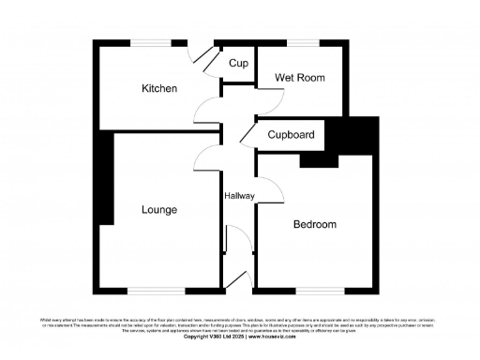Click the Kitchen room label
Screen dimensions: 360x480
pyautogui.click(x=159, y=89)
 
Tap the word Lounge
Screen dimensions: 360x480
pyautogui.click(x=159, y=210)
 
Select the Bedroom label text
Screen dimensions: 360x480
pyautogui.click(x=314, y=225)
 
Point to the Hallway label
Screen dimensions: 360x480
pyautogui.click(x=239, y=195)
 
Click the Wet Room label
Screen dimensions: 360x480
pyautogui.click(x=299, y=78)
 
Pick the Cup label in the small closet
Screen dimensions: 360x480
pyautogui.click(x=238, y=64)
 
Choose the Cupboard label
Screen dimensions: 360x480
pyautogui.click(x=291, y=135)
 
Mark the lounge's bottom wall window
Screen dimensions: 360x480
pyautogui.click(x=157, y=290)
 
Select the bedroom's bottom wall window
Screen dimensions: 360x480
pyautogui.click(x=314, y=290)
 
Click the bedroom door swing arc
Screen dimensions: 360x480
pyautogui.click(x=270, y=187)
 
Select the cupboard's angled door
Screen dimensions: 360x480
pyautogui.click(x=247, y=135)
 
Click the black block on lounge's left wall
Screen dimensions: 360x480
pyautogui.click(x=108, y=178)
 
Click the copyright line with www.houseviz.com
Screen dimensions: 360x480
pyautogui.click(x=239, y=336)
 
